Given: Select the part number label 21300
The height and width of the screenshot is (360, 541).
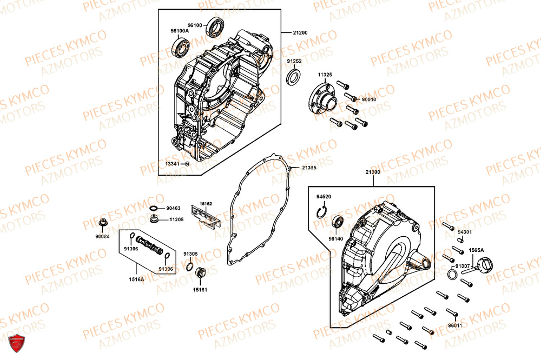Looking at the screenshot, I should (373, 172).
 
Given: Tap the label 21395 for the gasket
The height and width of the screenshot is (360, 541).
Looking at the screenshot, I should (309, 168).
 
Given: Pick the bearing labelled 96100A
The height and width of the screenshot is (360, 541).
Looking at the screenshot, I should (180, 48).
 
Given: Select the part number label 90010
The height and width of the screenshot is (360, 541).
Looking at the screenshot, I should (369, 99).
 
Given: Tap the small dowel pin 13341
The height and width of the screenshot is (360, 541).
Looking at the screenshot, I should (187, 163).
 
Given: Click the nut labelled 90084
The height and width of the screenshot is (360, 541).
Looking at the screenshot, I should (102, 222).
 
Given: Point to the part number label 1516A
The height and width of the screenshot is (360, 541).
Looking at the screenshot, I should (136, 279).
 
